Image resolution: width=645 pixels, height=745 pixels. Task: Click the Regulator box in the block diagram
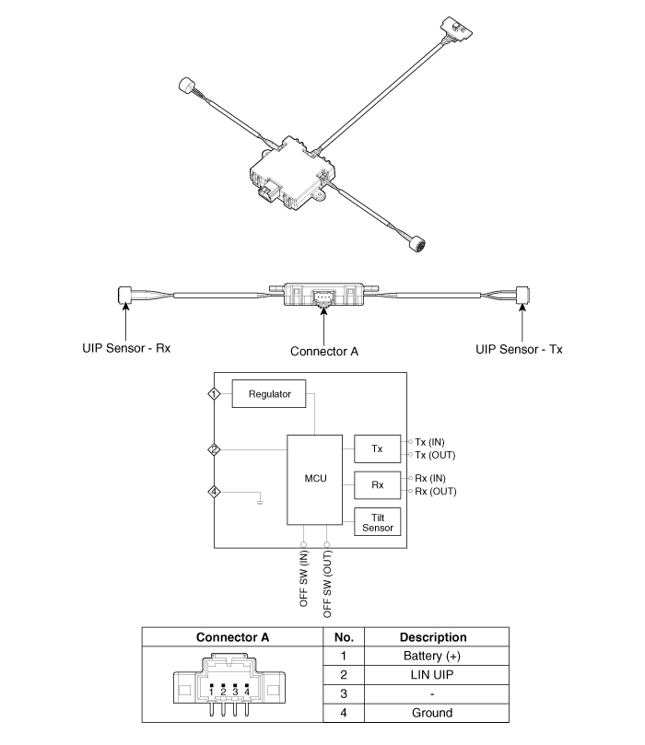click(268, 393)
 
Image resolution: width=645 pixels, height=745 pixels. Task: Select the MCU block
click(314, 480)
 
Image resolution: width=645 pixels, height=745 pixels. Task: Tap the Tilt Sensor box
click(378, 522)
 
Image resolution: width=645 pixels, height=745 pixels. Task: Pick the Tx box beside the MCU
click(378, 448)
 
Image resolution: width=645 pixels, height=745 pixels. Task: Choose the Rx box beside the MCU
click(378, 484)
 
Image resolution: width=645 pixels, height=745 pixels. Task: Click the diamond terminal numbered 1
click(215, 394)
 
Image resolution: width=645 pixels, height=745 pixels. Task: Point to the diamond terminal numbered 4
click(215, 492)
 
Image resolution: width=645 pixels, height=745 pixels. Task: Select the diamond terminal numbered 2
click(215, 449)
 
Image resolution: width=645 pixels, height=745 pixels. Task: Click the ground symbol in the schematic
click(260, 501)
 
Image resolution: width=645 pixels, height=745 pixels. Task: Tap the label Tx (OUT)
click(435, 455)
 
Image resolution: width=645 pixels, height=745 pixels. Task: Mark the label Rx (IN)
click(430, 478)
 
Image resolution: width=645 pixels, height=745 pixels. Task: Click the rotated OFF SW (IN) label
click(304, 578)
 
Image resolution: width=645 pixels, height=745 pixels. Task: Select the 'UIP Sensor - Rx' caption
click(126, 348)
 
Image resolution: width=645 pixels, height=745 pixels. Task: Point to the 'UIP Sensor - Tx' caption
click(519, 349)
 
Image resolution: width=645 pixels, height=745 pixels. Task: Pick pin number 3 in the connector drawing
click(235, 692)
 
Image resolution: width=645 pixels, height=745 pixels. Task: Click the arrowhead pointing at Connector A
click(323, 310)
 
